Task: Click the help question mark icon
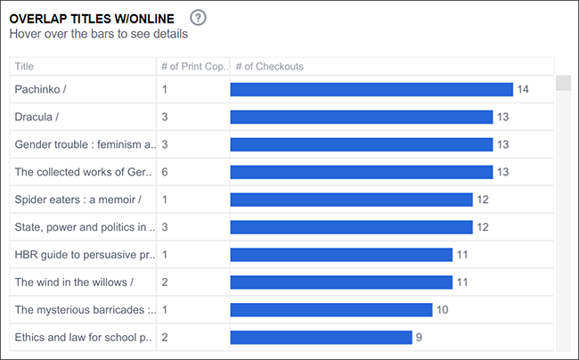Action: point(198,18)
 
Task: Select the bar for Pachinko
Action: point(371,89)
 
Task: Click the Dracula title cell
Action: point(37,117)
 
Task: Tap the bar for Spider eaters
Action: point(352,200)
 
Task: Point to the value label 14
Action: point(523,89)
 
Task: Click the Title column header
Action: point(24,67)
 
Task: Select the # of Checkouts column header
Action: point(270,67)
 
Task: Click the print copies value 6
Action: point(165,172)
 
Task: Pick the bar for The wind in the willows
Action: point(341,282)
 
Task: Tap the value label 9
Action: point(419,338)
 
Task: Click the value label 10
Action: point(443,310)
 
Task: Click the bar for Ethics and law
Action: point(322,338)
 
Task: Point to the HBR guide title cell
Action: point(85,255)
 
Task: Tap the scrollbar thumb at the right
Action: point(563,83)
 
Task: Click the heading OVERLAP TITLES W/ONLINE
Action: point(92,19)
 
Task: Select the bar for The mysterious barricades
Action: point(331,310)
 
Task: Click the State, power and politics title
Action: point(85,227)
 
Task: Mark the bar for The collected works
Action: point(362,172)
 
